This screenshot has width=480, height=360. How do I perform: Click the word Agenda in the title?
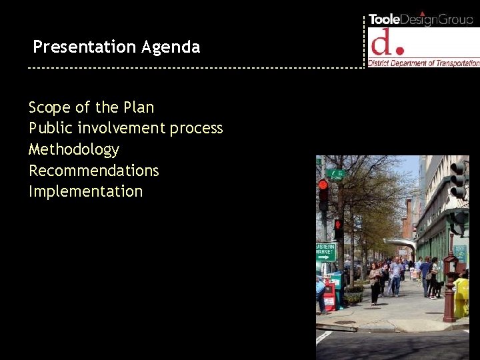pos(170,47)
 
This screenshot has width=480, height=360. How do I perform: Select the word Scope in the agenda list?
pos(49,107)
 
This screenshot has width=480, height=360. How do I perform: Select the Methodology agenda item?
pos(73,149)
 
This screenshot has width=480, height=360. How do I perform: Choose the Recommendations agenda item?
pos(93,171)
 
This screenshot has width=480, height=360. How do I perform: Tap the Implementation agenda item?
pos(85,191)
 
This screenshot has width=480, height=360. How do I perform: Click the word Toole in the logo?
pos(385,19)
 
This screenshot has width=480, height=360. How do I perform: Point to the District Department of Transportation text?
pos(424,63)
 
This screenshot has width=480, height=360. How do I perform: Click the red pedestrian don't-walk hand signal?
pos(323,185)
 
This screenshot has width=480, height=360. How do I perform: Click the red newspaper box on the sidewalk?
pos(329,297)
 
